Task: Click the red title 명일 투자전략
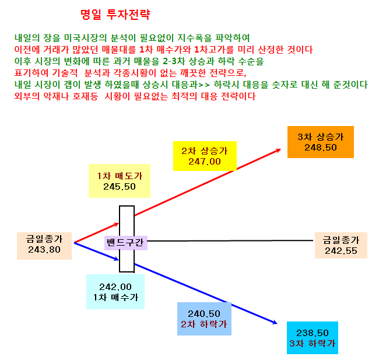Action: [x=115, y=15]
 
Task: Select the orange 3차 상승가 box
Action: [x=321, y=142]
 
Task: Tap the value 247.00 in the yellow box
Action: [x=205, y=162]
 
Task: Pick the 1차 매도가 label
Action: [x=120, y=176]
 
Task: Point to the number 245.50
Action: [x=120, y=187]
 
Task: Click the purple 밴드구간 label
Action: [x=126, y=243]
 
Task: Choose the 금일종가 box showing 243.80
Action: [x=44, y=246]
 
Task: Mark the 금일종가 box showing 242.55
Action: [x=341, y=245]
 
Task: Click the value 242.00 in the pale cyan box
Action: [x=115, y=287]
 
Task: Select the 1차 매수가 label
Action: [x=116, y=298]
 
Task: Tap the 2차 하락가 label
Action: [x=204, y=324]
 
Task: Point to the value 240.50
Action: [x=204, y=314]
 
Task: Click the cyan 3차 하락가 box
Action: [x=313, y=338]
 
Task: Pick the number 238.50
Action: [x=313, y=333]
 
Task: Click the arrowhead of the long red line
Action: [x=279, y=150]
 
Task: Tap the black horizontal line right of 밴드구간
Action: [x=230, y=241]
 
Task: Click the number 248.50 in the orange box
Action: [x=321, y=148]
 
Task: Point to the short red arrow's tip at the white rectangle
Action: [x=118, y=223]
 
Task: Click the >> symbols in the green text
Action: [x=204, y=85]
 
